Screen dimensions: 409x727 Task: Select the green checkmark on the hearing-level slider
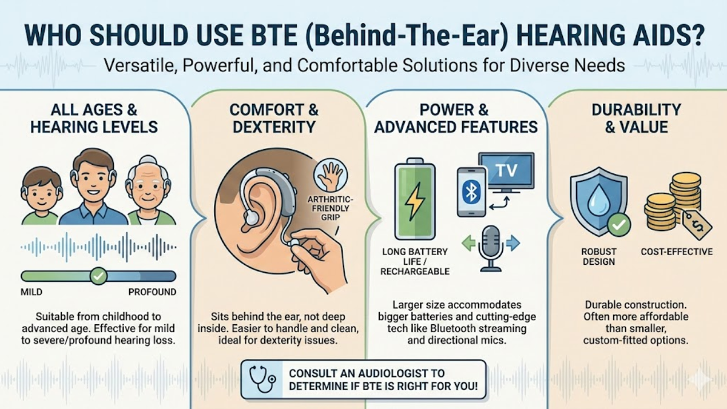[98, 276]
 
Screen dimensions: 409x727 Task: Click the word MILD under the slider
[32, 292]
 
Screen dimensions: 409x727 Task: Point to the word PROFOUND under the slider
[152, 292]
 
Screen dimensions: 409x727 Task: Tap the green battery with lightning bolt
[414, 201]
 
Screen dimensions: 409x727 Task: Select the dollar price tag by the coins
[695, 225]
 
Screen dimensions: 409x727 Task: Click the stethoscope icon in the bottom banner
[261, 379]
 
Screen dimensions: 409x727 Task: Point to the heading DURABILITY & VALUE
[636, 119]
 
